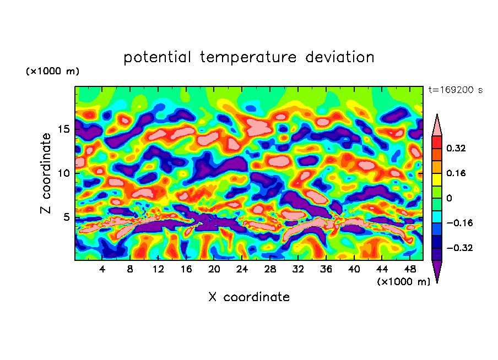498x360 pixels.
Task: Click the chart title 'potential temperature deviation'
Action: coord(248,57)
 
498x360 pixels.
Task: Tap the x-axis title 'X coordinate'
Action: coord(248,297)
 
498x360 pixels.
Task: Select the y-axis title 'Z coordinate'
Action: coord(46,173)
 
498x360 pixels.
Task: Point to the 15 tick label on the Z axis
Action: coord(64,129)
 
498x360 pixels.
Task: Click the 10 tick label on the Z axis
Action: coord(64,173)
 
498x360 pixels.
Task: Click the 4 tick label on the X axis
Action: coord(102,269)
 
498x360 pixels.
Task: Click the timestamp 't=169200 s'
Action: coord(455,90)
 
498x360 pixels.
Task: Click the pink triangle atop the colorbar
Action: coord(436,126)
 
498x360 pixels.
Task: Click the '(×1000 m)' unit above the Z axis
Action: coord(52,72)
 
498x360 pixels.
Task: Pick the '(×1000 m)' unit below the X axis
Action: coord(403,282)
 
